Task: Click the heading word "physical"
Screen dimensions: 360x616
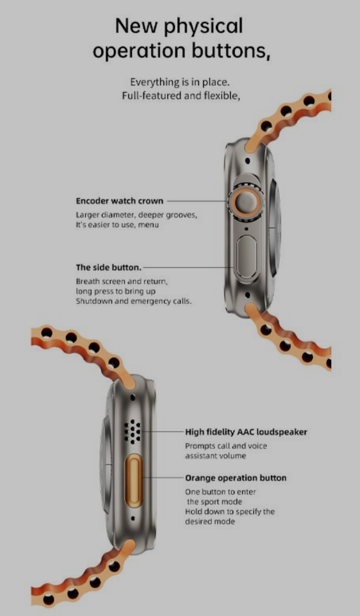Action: (x=203, y=27)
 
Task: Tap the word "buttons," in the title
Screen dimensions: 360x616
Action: (x=231, y=51)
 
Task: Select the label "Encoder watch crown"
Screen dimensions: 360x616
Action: (x=119, y=201)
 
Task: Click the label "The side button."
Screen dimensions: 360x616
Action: (x=109, y=267)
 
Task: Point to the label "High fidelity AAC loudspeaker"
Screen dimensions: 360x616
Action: (x=246, y=432)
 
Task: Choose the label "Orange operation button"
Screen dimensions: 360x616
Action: (x=236, y=478)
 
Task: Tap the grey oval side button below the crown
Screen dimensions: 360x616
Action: (x=247, y=257)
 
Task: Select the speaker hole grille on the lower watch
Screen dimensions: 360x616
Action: (x=132, y=431)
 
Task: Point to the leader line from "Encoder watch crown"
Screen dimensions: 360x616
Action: (x=197, y=201)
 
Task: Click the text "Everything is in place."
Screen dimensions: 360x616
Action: (x=179, y=82)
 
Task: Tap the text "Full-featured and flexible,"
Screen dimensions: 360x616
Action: (x=181, y=96)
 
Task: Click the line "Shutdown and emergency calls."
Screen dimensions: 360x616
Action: (x=133, y=302)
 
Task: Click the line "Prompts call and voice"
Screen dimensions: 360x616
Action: (x=226, y=446)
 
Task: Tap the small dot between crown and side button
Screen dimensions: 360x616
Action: (x=247, y=228)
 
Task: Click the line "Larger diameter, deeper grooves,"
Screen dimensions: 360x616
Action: (x=136, y=215)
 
